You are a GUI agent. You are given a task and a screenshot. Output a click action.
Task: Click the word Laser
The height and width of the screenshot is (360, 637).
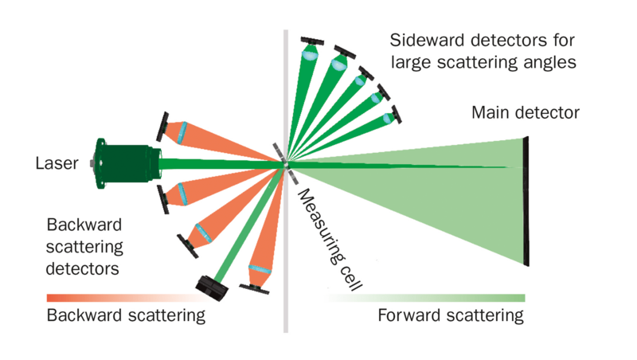click(x=57, y=164)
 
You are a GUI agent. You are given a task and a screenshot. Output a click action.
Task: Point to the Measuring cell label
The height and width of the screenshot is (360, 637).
click(x=322, y=240)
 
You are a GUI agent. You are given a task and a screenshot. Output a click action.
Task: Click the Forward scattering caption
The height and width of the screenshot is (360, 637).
click(x=451, y=315)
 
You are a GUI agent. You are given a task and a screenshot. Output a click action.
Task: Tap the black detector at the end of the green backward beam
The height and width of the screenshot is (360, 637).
click(x=211, y=284)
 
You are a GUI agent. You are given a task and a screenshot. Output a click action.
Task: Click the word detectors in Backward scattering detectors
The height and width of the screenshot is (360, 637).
click(x=83, y=268)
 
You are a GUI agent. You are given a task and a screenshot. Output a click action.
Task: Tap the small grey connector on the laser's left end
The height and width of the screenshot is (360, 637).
click(x=93, y=163)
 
